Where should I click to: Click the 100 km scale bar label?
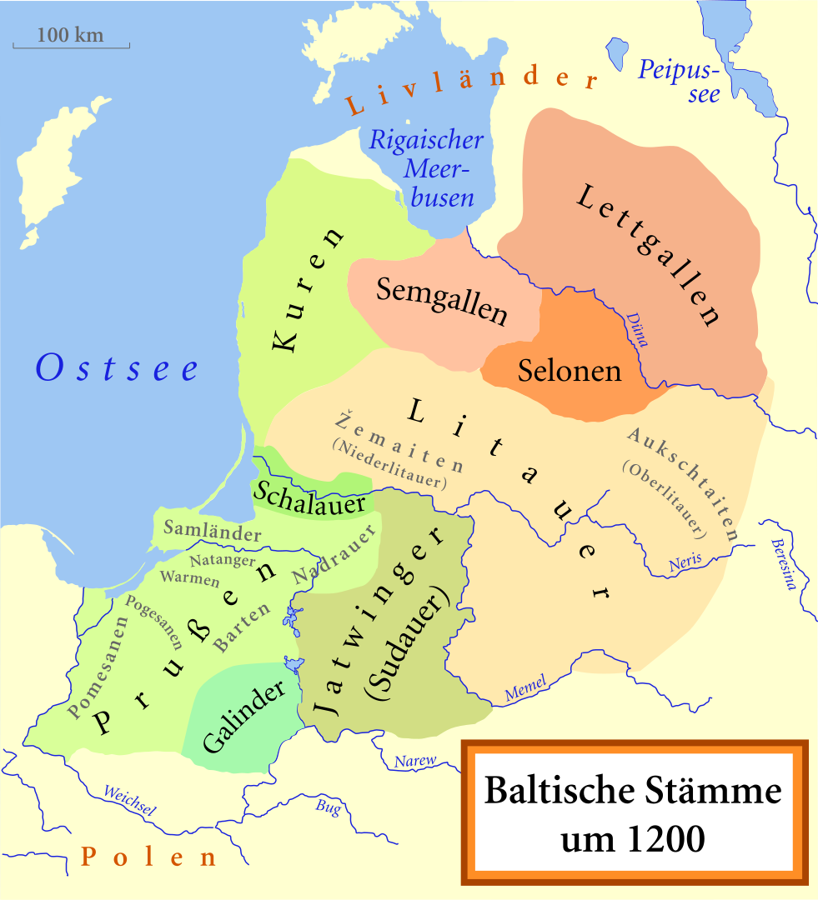click(x=71, y=36)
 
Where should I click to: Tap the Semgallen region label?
click(x=441, y=301)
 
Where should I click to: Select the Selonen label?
click(x=570, y=370)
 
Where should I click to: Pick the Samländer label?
click(x=212, y=530)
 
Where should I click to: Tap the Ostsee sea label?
click(x=117, y=367)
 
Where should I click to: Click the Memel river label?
click(x=525, y=688)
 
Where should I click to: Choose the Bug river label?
click(x=328, y=806)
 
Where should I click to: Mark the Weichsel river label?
click(x=128, y=798)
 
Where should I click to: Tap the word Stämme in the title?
click(x=705, y=790)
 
